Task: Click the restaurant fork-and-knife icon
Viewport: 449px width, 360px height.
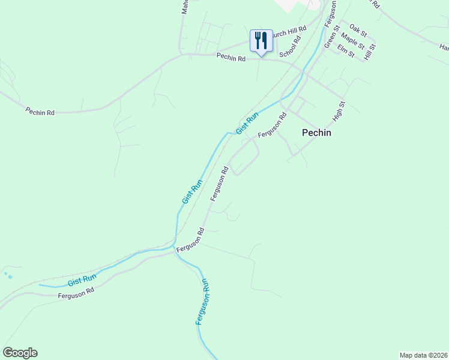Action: tap(261, 41)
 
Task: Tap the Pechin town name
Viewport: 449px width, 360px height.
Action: tap(316, 133)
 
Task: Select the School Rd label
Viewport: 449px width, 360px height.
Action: tap(289, 46)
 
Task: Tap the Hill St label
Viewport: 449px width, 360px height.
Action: tap(368, 51)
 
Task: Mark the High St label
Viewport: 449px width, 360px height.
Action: tap(339, 111)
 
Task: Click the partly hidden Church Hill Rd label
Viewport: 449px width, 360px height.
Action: tap(289, 32)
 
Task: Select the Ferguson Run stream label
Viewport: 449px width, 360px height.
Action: tap(202, 302)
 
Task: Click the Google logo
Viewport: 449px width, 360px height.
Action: tap(20, 353)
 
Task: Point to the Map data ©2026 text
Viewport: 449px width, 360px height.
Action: tap(423, 355)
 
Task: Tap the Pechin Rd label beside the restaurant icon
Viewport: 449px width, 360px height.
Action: tap(231, 58)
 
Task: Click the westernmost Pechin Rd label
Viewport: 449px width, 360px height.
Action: tap(40, 112)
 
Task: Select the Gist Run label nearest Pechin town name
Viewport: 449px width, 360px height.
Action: tap(247, 123)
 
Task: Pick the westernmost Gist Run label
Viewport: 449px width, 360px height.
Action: tap(82, 280)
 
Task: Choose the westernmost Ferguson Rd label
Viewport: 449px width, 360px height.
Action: tap(76, 293)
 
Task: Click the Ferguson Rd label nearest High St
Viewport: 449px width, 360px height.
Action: tap(273, 125)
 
